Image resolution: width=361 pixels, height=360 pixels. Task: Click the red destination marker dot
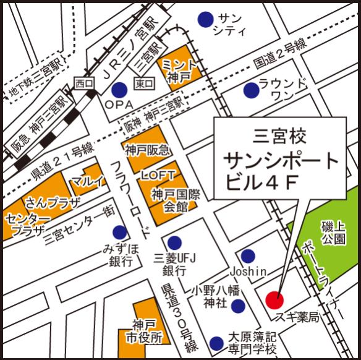coord(274,300)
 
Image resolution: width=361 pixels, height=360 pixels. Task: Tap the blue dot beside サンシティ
coord(204,20)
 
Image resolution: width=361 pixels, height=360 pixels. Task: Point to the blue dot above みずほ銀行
coord(119,233)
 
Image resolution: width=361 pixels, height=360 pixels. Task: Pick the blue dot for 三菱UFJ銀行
coord(174,242)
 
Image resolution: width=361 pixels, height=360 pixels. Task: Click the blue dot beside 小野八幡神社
coord(239,305)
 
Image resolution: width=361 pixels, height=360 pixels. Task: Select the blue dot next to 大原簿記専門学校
coord(216,342)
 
